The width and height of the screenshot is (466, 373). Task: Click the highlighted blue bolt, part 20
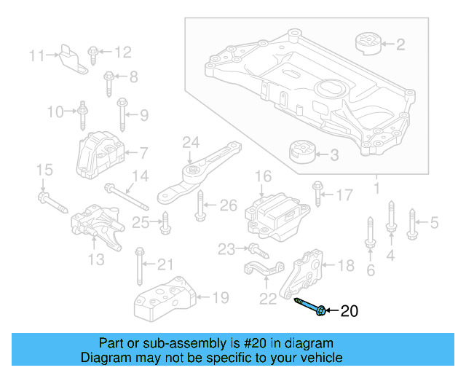click(309, 307)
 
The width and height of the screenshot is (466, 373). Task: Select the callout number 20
click(349, 312)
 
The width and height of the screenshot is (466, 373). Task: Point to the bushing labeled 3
click(302, 153)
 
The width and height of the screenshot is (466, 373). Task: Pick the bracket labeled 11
click(70, 57)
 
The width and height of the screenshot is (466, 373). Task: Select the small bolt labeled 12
click(93, 52)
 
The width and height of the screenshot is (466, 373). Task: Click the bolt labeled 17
click(317, 192)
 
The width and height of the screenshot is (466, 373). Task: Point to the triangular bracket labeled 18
click(304, 273)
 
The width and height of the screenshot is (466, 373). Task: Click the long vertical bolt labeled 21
click(138, 265)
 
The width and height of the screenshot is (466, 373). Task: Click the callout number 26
click(228, 205)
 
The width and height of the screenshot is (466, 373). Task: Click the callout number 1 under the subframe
click(376, 189)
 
